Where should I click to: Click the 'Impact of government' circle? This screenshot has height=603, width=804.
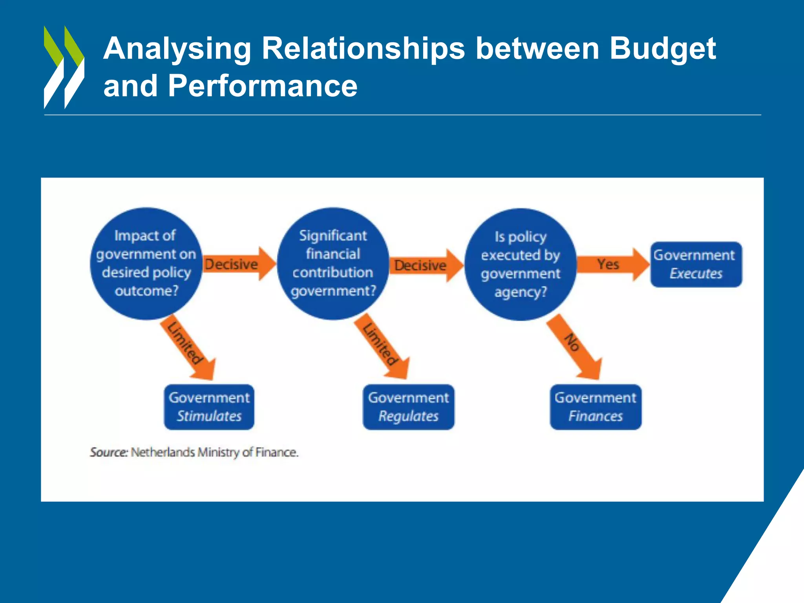click(x=146, y=263)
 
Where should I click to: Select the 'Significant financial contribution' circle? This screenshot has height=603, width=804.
click(x=333, y=263)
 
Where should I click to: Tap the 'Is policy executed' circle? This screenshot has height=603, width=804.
click(x=520, y=264)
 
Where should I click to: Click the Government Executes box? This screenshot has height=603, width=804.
click(x=696, y=264)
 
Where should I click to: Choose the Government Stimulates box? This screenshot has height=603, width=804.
click(x=209, y=407)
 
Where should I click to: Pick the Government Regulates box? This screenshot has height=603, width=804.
click(x=408, y=407)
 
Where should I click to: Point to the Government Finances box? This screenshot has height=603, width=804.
click(x=596, y=407)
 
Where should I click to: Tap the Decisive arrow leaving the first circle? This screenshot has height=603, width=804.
click(x=238, y=264)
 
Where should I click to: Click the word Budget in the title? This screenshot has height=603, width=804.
click(x=663, y=49)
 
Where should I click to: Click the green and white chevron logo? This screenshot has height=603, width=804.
click(x=64, y=67)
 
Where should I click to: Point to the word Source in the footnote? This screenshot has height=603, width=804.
click(x=109, y=452)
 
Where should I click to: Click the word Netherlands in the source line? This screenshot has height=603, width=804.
click(x=163, y=452)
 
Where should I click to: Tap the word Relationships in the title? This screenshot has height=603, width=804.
click(x=363, y=49)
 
